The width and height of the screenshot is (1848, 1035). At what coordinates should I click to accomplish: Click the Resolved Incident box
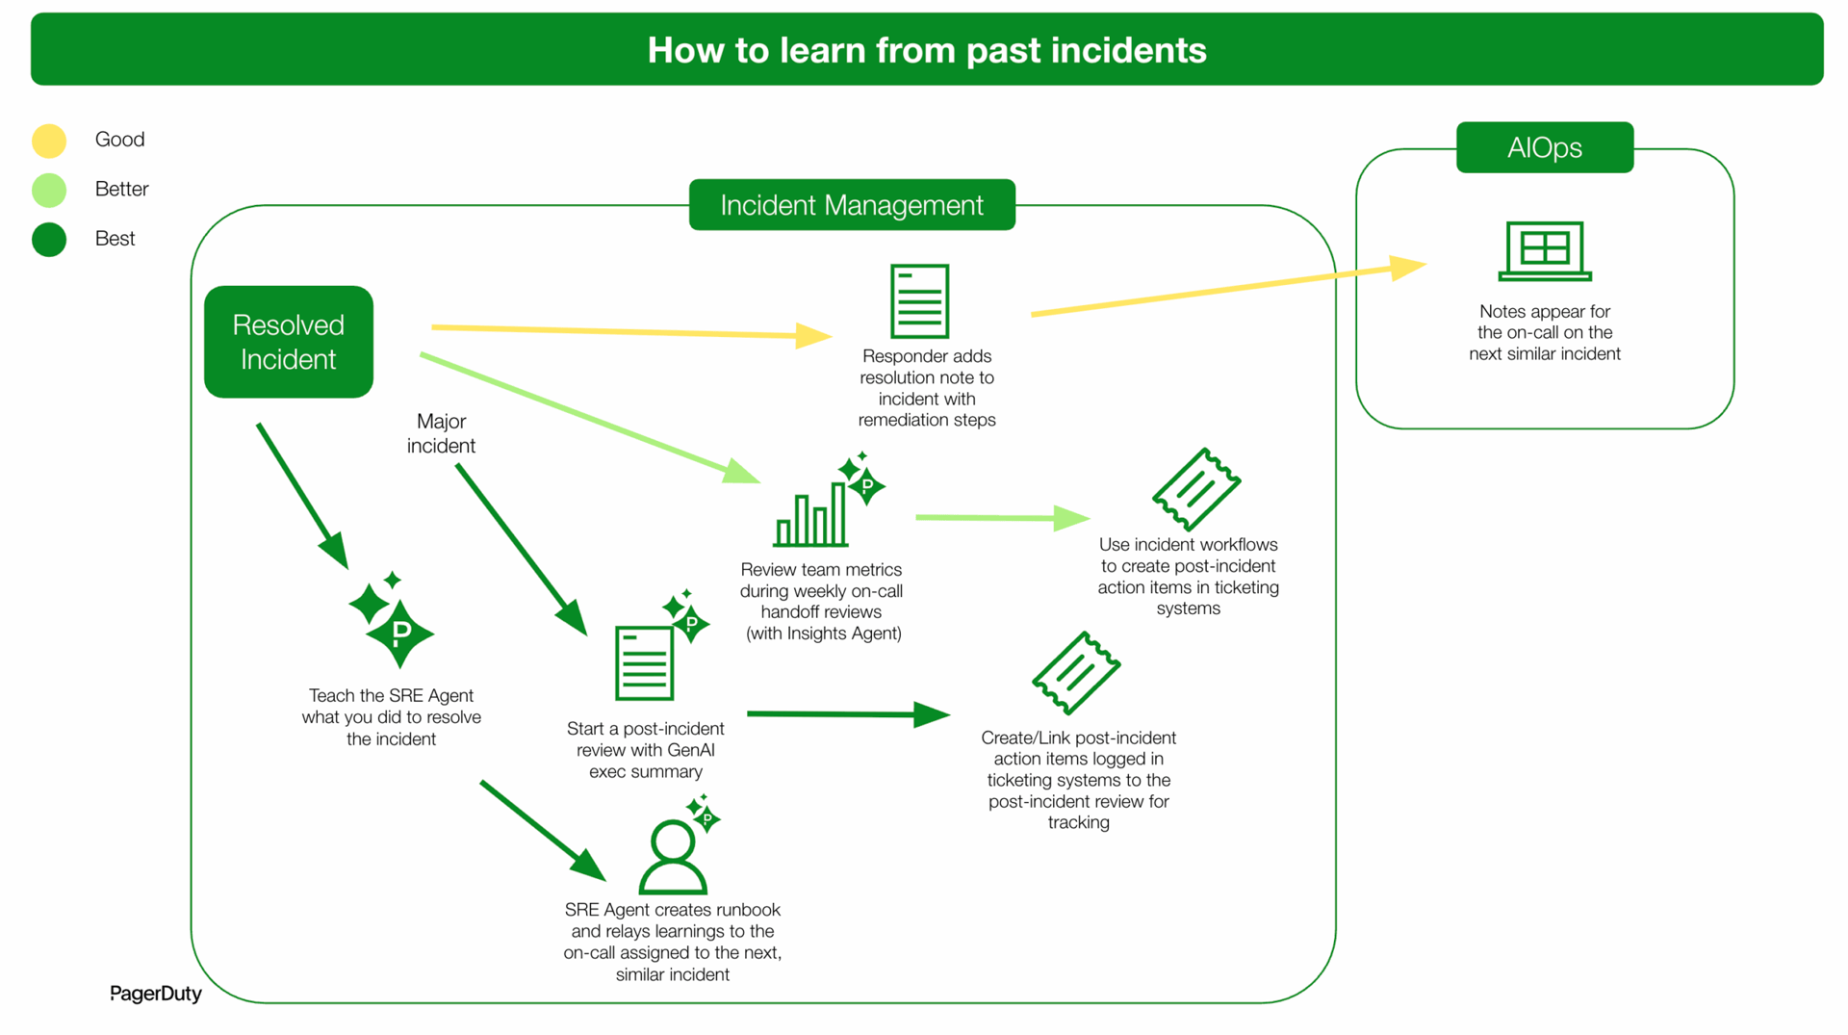[x=288, y=342]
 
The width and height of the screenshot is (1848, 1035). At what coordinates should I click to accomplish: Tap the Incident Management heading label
[x=852, y=205]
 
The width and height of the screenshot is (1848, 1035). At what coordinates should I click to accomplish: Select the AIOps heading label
[x=1544, y=147]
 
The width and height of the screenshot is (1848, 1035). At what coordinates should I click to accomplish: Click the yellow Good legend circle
[x=49, y=141]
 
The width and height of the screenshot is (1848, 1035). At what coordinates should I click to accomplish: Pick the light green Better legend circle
[x=49, y=190]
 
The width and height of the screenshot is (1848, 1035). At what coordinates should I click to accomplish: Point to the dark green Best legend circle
[x=49, y=239]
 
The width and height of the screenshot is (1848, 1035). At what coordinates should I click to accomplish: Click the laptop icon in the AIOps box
[x=1544, y=250]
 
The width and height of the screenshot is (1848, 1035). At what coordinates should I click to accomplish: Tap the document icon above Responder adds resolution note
[x=919, y=301]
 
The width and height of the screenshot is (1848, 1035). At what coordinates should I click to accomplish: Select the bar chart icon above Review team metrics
[x=811, y=515]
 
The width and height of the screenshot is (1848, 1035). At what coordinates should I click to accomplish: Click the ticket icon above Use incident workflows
[x=1195, y=489]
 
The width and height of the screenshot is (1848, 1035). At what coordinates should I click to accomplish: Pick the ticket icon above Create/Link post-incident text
[x=1075, y=673]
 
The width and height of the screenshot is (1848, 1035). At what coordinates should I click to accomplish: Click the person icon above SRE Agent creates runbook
[x=673, y=855]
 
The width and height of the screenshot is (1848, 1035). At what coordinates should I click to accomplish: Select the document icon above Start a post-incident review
[x=644, y=662]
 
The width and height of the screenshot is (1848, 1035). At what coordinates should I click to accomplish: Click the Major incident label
[x=441, y=433]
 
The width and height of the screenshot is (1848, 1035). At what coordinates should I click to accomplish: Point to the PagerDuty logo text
[x=155, y=994]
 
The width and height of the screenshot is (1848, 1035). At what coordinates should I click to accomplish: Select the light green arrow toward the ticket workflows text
[x=1001, y=518]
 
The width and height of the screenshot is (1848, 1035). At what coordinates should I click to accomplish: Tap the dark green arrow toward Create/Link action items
[x=847, y=714]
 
